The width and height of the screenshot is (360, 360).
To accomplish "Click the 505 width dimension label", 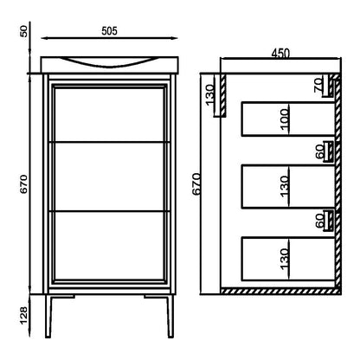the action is point(110,31).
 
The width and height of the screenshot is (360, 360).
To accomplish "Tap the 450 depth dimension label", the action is point(280,54).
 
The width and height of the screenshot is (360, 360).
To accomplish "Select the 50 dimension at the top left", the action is point(24,31).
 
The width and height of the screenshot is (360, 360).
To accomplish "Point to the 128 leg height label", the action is point(24,315).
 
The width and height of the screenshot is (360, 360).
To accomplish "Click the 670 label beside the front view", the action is point(23,184).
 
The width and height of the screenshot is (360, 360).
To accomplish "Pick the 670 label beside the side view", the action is point(196,184).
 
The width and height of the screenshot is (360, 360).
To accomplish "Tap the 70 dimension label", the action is point(319,86).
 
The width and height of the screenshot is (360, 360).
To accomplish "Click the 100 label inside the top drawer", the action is point(284,119).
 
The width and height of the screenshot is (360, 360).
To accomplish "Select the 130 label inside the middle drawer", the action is point(284,186).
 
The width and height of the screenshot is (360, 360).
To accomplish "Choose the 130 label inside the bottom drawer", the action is point(284,259).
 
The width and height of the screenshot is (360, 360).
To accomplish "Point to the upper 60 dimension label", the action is point(320,151).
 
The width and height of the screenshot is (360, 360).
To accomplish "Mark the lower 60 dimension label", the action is point(320,221).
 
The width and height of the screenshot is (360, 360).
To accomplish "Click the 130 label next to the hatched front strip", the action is point(210,95).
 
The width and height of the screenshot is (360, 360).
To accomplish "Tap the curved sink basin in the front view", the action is point(107,66).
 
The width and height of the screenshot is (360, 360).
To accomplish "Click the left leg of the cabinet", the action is point(48,316).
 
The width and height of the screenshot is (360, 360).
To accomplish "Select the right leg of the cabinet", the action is point(170,316).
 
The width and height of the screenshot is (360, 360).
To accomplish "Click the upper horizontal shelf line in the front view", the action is point(110,142).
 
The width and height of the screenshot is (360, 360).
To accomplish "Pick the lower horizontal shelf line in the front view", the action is point(110,211).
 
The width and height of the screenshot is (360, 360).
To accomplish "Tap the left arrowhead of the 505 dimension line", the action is point(44,38).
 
